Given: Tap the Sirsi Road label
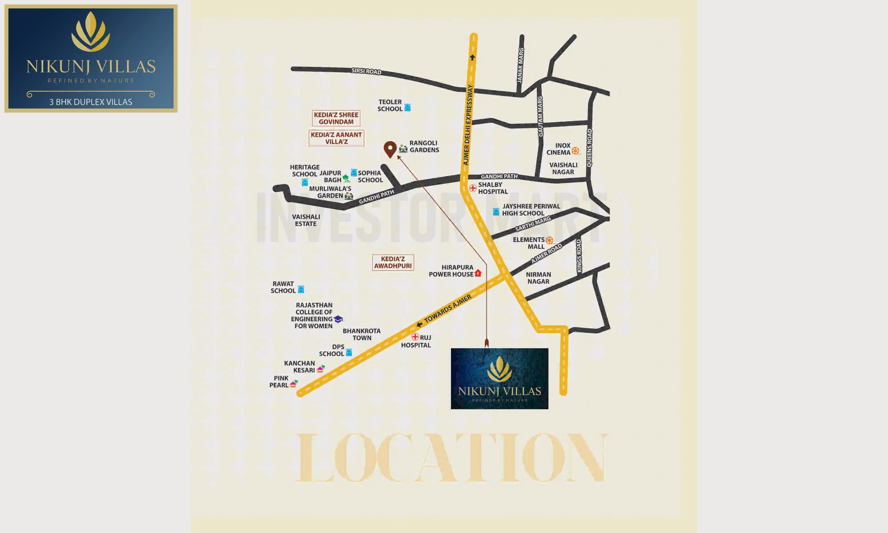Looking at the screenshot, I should point(366,71).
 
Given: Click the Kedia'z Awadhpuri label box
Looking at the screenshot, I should point(393,262).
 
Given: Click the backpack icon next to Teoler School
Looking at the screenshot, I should point(407,107).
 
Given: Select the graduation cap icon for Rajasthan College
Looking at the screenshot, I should point(338,319).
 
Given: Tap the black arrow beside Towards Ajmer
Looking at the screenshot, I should point(419,325).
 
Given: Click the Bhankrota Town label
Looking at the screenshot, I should point(361,334).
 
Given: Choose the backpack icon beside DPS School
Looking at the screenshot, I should point(349,352).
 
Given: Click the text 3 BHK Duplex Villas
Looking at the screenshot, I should point(91,102).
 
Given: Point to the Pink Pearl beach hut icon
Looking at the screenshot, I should point(294,384).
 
